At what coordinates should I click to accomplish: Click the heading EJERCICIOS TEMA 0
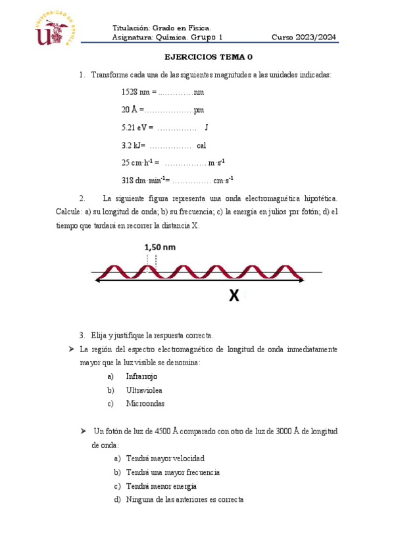[208, 57]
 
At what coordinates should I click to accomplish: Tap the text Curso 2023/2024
[305, 37]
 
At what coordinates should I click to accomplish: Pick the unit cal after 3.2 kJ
[201, 145]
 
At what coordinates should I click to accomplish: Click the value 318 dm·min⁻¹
[145, 180]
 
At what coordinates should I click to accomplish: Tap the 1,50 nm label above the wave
[160, 247]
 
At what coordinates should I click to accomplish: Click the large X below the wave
[234, 297]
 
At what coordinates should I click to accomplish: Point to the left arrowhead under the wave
[99, 280]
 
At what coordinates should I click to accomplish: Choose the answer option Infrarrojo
[141, 376]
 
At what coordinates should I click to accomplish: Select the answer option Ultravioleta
[144, 390]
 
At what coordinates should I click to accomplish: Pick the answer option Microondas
[145, 404]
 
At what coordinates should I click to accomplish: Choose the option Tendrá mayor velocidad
[164, 458]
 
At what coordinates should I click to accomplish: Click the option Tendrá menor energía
[161, 486]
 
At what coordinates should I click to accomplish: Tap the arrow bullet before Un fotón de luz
[83, 431]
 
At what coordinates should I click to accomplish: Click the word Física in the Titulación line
[197, 28]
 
